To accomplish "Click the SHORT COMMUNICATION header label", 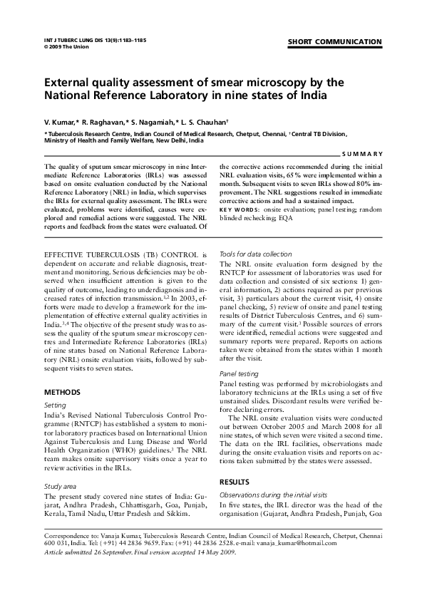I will click(x=334, y=43).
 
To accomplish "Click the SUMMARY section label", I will click(x=363, y=154).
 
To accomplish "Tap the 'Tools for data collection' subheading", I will click(x=255, y=254).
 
